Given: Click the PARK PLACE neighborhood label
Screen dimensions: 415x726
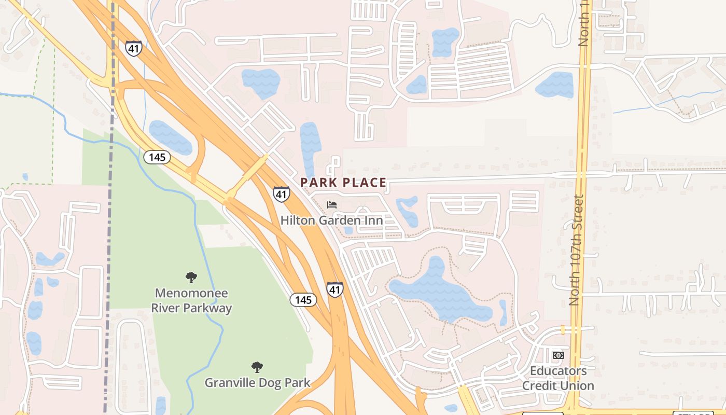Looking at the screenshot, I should pyautogui.click(x=343, y=183).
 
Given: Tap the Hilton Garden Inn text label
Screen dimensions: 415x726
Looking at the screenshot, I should pyautogui.click(x=331, y=220).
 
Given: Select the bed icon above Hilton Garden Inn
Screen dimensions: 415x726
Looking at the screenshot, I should pyautogui.click(x=332, y=205).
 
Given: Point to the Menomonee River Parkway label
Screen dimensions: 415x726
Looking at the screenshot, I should pyautogui.click(x=191, y=300).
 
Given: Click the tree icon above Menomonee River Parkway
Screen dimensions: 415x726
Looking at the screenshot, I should pyautogui.click(x=191, y=278).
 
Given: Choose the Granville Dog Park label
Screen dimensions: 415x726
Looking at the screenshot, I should pyautogui.click(x=257, y=383).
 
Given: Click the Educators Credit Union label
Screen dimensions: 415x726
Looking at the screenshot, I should pyautogui.click(x=558, y=378).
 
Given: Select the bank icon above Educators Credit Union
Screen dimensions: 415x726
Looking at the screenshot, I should pyautogui.click(x=558, y=355).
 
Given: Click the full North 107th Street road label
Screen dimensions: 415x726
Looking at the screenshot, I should pyautogui.click(x=576, y=250).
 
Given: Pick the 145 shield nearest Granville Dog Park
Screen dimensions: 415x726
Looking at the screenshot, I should pyautogui.click(x=303, y=300).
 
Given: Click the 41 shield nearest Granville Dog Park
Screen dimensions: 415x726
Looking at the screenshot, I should pyautogui.click(x=334, y=289).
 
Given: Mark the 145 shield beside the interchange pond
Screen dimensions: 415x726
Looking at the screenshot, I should pyautogui.click(x=157, y=157).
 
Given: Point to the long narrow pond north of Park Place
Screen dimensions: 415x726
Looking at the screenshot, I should pyautogui.click(x=310, y=148).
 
